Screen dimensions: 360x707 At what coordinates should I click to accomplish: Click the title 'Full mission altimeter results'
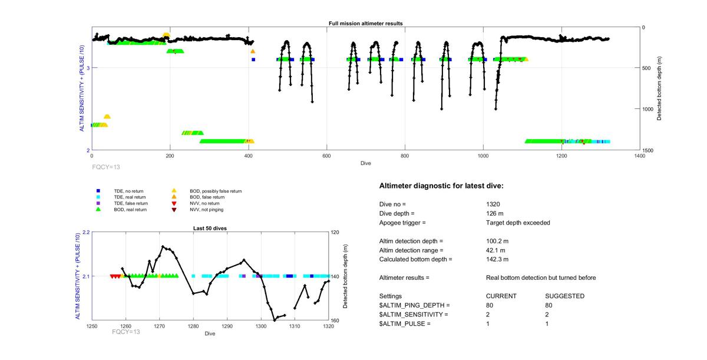pos(365,24)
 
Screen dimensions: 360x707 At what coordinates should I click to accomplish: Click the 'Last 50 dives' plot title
pos(210,228)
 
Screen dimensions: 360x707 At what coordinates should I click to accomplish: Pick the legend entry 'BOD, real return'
pos(130,209)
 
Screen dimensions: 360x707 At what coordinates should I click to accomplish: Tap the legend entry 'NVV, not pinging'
pos(206,209)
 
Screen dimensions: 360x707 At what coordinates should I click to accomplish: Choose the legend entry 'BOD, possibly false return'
pos(215,191)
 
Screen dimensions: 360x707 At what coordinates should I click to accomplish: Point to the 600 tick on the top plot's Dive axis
pos(326,156)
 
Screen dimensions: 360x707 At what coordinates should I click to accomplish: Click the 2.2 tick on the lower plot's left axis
pos(85,232)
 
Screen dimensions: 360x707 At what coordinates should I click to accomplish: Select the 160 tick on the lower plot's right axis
pos(335,321)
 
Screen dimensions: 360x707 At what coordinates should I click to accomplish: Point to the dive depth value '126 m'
pos(495,213)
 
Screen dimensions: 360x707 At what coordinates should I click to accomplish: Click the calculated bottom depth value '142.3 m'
pos(497,259)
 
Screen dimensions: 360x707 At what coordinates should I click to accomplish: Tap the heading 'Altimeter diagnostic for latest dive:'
pos(441,186)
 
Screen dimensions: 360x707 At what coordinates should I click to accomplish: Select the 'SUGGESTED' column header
pos(565,296)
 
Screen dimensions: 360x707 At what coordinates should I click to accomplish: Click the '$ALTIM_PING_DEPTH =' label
pos(414,305)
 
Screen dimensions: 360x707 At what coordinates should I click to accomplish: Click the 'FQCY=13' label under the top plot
pos(106,167)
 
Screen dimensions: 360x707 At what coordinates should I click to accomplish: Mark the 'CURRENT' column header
pos(501,296)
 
